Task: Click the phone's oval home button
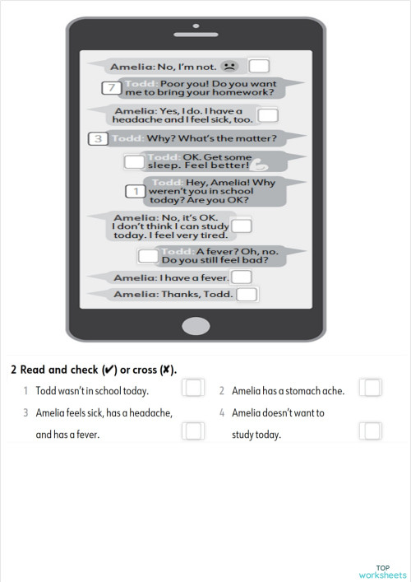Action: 196,325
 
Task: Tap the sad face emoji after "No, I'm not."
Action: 229,64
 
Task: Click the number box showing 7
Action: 109,88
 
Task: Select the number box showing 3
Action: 98,138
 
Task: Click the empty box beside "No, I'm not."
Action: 259,66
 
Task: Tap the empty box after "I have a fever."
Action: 240,277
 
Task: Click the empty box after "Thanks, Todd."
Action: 247,294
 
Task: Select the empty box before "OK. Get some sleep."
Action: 134,161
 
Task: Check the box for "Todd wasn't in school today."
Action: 194,388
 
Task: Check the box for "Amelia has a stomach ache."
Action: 372,388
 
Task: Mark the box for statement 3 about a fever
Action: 194,431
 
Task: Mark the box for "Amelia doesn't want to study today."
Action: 372,431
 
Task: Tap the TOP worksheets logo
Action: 382,571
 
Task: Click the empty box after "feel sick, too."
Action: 268,116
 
